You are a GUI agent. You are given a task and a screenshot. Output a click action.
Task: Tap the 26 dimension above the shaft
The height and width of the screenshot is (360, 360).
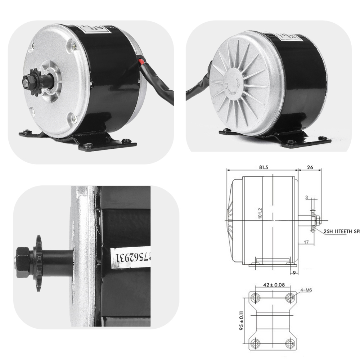pyautogui.click(x=310, y=167)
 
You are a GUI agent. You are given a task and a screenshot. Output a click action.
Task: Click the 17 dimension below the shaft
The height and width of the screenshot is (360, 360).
pyautogui.click(x=306, y=242)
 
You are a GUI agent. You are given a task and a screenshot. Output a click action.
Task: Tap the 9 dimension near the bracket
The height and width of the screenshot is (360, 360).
pyautogui.click(x=295, y=273)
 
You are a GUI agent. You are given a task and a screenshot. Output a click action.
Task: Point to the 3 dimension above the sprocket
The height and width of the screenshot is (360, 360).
pyautogui.click(x=306, y=197)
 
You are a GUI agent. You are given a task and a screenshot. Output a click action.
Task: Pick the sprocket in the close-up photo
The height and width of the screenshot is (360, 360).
pyautogui.click(x=37, y=259)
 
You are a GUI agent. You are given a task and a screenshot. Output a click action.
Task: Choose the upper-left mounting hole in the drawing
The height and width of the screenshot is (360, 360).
pyautogui.click(x=257, y=297)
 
